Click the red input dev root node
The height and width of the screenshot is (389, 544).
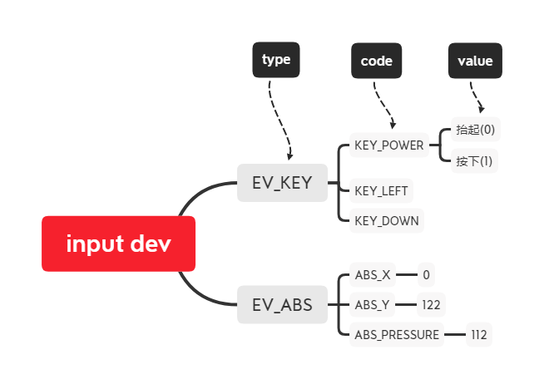tap(118, 244)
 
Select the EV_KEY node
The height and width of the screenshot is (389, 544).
tap(282, 183)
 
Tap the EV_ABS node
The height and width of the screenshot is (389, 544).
tap(282, 305)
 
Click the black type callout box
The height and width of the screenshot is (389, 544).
tap(276, 60)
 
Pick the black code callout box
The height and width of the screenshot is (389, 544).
tap(376, 61)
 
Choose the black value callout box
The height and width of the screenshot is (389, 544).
tap(475, 61)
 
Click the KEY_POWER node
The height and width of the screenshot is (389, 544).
tap(389, 145)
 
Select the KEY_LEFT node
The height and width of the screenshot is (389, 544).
tap(381, 190)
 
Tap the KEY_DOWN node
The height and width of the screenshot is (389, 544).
tap(387, 220)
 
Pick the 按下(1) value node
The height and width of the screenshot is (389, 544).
tap(474, 160)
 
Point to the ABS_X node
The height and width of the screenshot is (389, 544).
tap(372, 274)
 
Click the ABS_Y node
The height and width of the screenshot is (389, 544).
tap(372, 305)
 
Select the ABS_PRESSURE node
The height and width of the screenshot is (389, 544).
tap(396, 335)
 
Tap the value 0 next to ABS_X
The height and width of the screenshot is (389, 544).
tap(426, 274)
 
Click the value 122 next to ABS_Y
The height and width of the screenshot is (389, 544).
tap(431, 305)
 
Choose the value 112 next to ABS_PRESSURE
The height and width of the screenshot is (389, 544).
tap(478, 335)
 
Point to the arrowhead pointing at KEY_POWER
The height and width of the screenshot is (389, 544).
tap(392, 126)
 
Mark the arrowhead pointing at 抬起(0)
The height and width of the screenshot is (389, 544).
tap(481, 109)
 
